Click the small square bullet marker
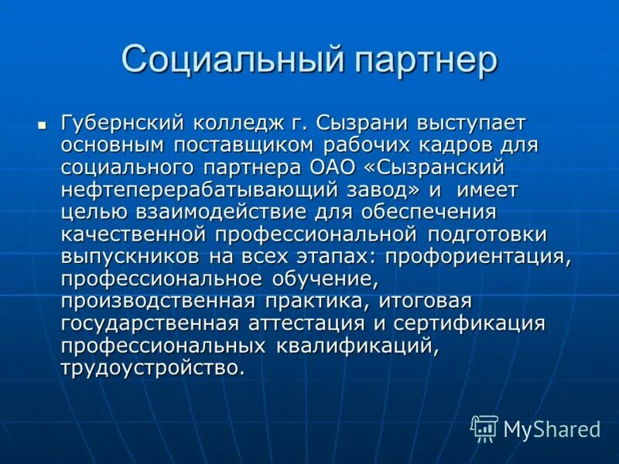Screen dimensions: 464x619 (x=43, y=123)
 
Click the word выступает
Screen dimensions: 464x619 (x=471, y=123)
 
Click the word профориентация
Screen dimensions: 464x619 (x=478, y=255)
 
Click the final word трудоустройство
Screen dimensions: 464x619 (x=152, y=367)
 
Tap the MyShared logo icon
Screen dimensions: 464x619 (x=484, y=427)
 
